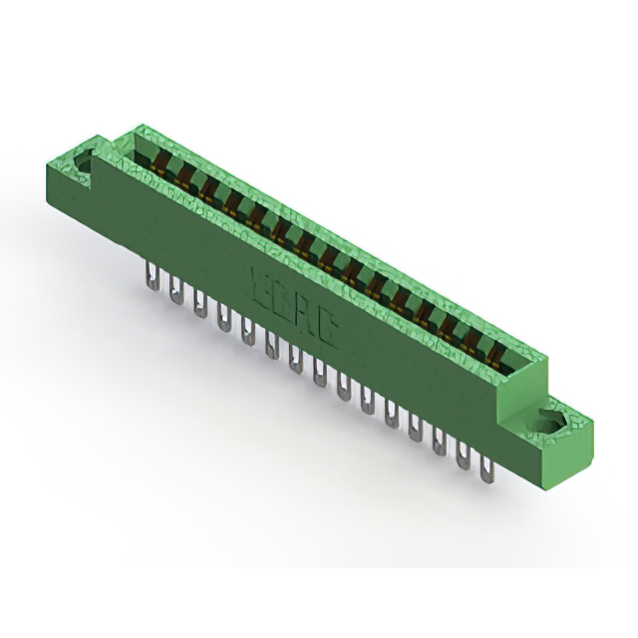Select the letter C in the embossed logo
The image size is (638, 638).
coord(325,328)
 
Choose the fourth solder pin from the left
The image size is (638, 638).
coord(223,319)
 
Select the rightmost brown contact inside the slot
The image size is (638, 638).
coord(492,352)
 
